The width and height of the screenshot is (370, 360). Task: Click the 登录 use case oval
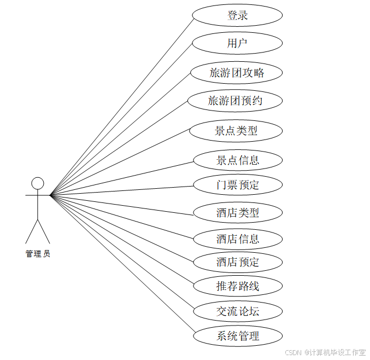pyautogui.click(x=237, y=15)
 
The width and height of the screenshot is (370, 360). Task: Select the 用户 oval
pyautogui.click(x=237, y=43)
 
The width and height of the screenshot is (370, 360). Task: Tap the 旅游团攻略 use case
pyautogui.click(x=237, y=72)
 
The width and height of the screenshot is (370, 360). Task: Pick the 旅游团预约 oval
pyautogui.click(x=235, y=101)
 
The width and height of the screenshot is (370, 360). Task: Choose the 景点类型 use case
pyautogui.click(x=236, y=131)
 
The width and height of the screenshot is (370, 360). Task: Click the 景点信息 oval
pyautogui.click(x=237, y=160)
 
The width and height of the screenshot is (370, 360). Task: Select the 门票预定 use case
pyautogui.click(x=237, y=185)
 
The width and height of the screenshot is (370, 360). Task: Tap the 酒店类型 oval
pyautogui.click(x=237, y=212)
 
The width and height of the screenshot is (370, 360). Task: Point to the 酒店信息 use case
pyautogui.click(x=237, y=239)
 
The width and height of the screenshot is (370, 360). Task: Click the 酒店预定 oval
pyautogui.click(x=237, y=262)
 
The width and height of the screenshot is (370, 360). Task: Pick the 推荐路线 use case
pyautogui.click(x=237, y=286)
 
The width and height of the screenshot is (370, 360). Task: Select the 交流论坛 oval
pyautogui.click(x=237, y=312)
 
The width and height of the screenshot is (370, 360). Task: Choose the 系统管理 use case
pyautogui.click(x=237, y=336)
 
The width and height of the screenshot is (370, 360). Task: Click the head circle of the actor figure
pyautogui.click(x=37, y=183)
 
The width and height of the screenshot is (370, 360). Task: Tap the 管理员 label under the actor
pyautogui.click(x=38, y=254)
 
